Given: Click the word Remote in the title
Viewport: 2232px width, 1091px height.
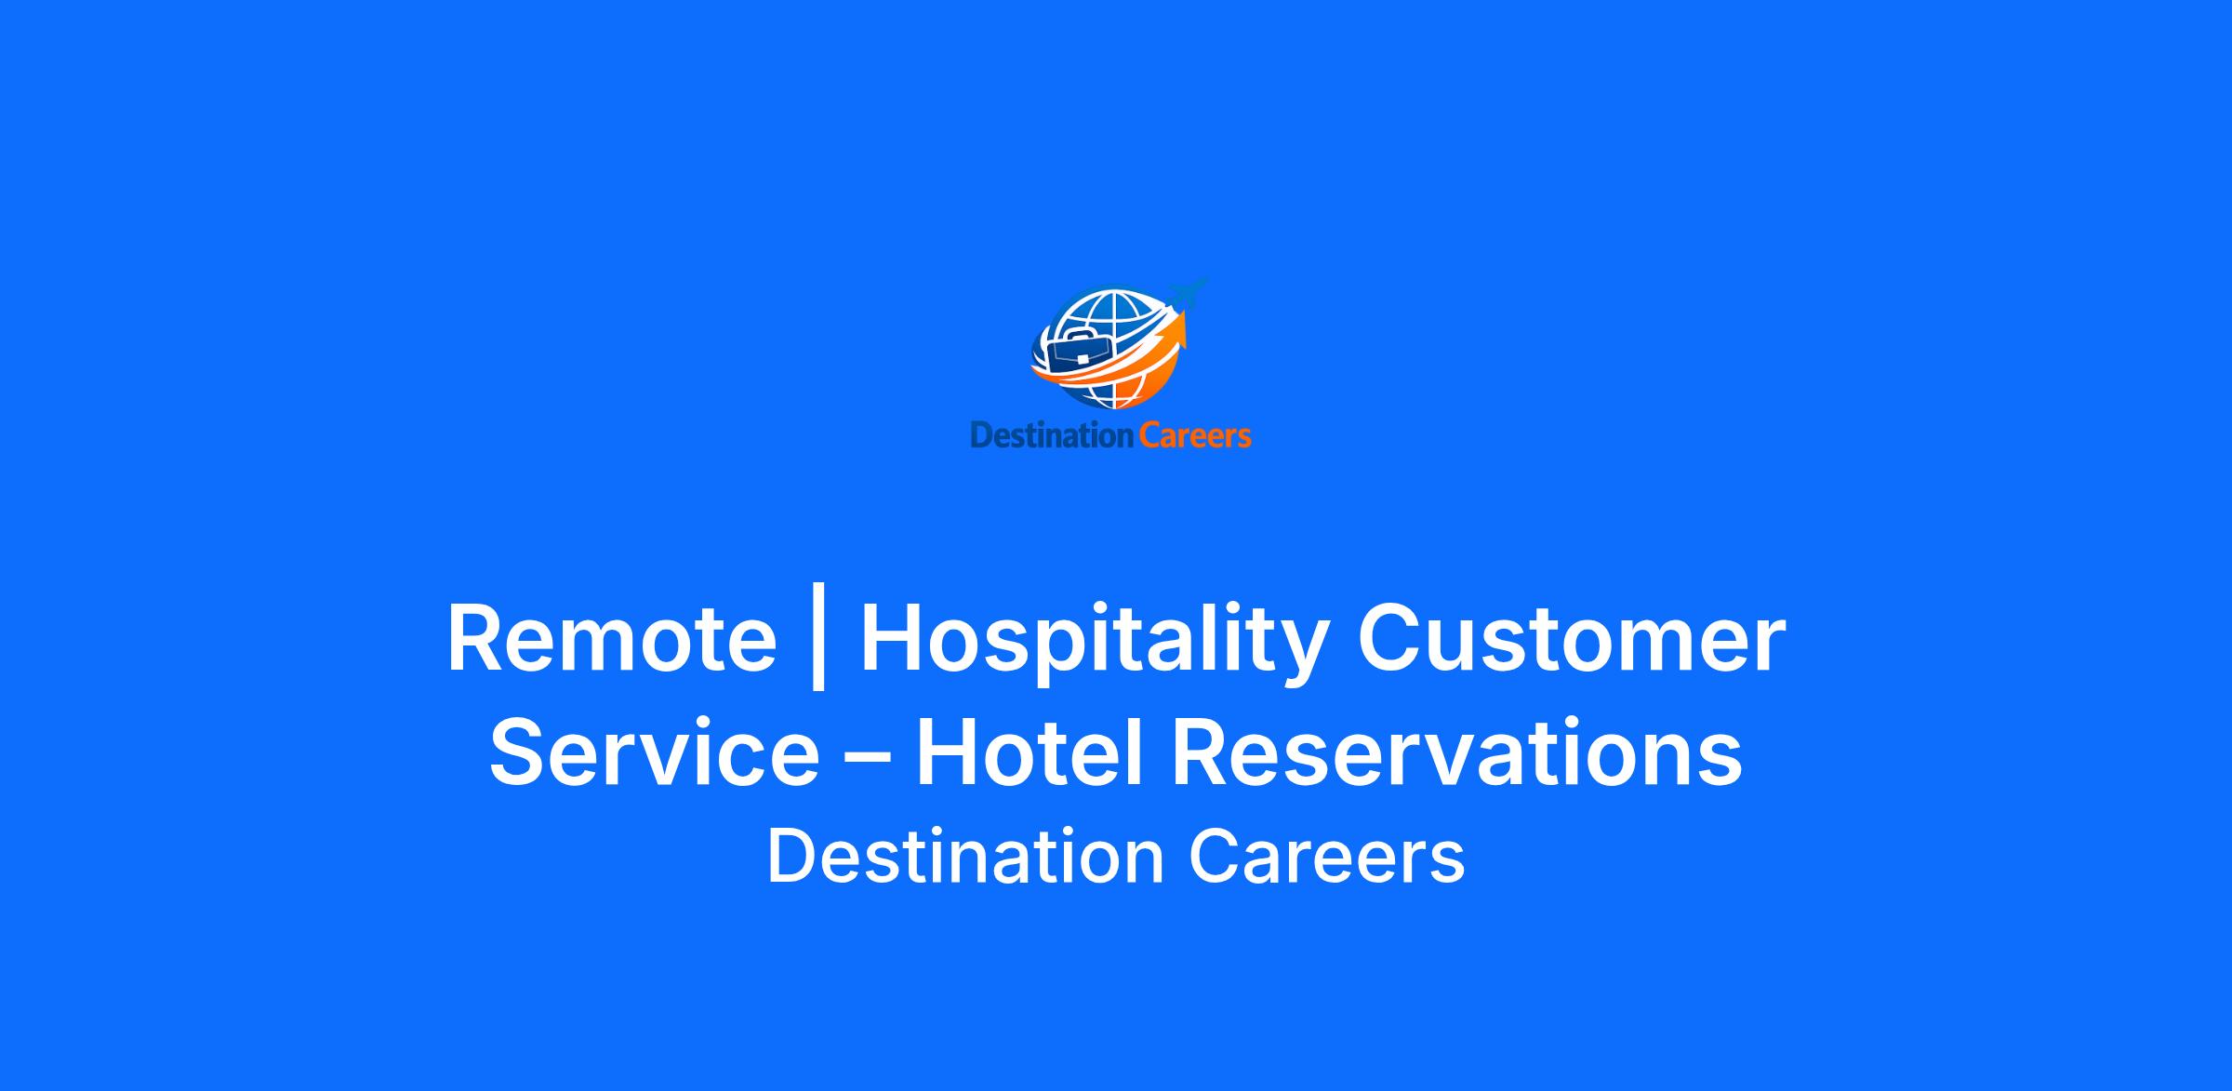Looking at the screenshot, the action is coord(612,640).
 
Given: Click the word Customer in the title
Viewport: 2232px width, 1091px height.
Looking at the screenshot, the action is coord(1572,640).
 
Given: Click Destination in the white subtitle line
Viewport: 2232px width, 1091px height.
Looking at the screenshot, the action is coord(965,857).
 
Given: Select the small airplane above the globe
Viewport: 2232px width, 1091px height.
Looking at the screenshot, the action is coord(1188,293).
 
